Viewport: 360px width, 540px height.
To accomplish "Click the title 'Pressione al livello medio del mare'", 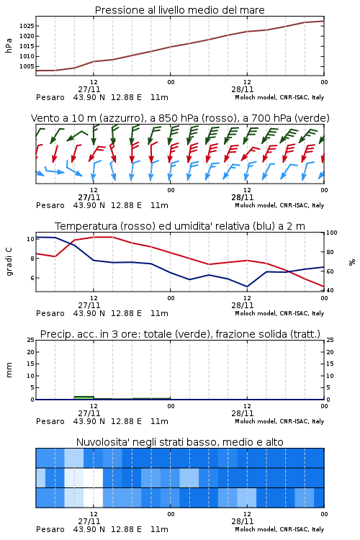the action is tap(179, 10).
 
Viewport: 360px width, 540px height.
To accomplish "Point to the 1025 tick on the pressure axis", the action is tap(27, 26).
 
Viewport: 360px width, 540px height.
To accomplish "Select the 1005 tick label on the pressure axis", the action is tap(27, 66).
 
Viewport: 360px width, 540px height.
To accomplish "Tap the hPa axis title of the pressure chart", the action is tap(9, 45).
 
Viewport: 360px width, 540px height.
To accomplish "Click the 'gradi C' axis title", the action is tap(9, 261).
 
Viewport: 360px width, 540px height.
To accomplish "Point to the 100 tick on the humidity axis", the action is tap(332, 233).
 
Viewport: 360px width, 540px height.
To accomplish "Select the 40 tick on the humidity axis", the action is tap(330, 290).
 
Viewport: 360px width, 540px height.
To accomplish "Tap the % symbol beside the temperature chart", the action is tap(352, 262).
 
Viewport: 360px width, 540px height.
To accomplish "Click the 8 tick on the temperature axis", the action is tap(32, 258).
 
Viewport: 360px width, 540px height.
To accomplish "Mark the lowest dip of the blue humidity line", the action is tap(247, 287).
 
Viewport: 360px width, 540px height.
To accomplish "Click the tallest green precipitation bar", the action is tap(84, 397).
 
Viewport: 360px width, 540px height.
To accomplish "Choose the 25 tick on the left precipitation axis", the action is tap(31, 341).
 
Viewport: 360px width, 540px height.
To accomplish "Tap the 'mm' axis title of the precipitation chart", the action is tap(9, 370).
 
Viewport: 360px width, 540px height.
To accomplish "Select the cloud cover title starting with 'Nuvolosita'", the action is tap(179, 442).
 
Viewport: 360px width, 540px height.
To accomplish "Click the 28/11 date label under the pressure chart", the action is tap(242, 89).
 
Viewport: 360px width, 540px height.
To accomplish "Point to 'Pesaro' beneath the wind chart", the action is tap(50, 205).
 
